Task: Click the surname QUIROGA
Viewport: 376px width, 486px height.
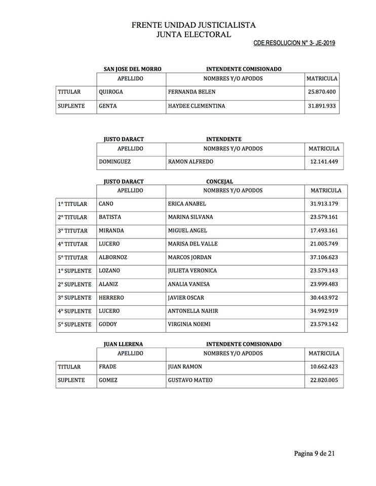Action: pos(111,92)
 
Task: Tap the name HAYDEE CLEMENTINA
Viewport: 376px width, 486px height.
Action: pos(196,106)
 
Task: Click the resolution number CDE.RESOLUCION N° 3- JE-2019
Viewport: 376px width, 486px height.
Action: pos(294,43)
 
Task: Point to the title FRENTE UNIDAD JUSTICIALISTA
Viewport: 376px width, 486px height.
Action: pos(194,25)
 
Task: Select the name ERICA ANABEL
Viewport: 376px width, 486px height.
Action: pos(187,204)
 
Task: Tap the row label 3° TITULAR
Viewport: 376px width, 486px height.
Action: pos(72,230)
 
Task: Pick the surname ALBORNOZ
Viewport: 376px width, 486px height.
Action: pos(113,257)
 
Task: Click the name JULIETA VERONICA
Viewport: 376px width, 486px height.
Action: pos(192,270)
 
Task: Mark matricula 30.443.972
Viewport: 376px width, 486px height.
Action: pos(325,297)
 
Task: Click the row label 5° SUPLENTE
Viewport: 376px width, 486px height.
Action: pos(74,324)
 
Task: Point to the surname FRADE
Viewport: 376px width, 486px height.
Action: pos(107,367)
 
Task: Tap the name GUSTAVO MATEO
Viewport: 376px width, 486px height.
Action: pos(190,380)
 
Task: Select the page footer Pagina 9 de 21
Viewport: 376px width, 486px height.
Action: pos(314,453)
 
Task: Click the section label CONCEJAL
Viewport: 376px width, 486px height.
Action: pos(219,181)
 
